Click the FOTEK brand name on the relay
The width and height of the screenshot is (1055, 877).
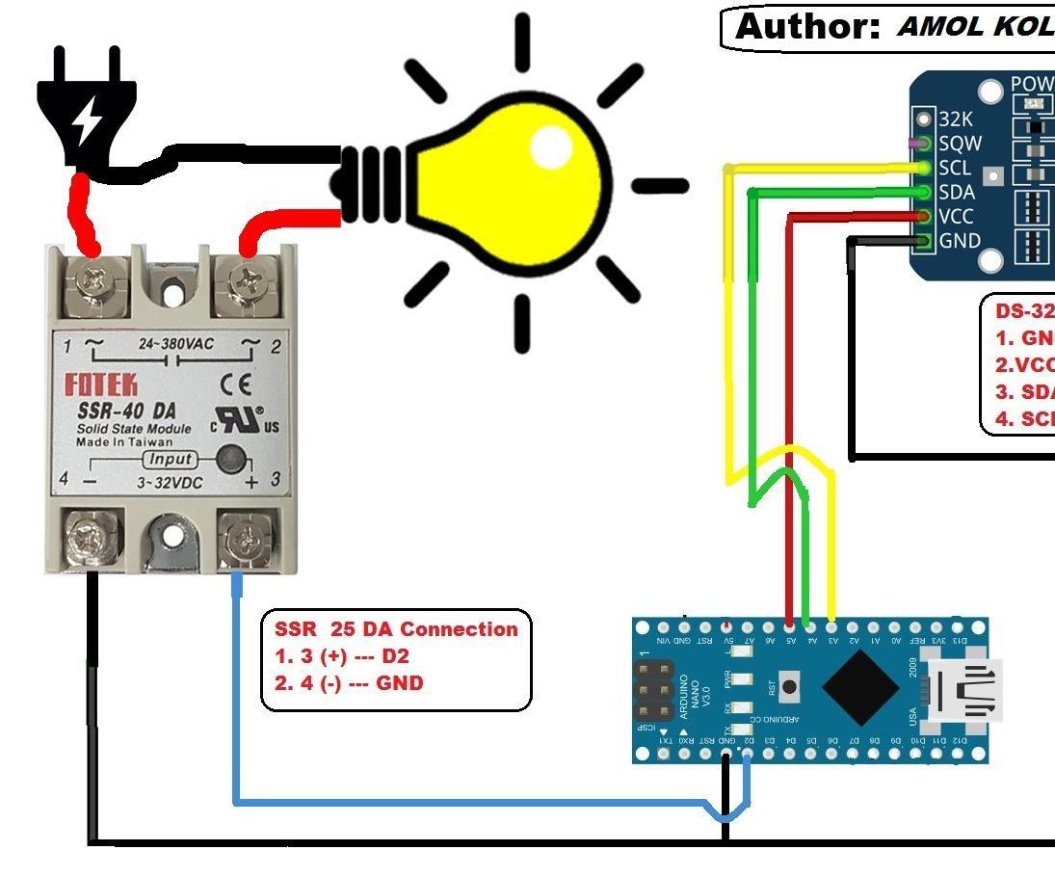tap(100, 385)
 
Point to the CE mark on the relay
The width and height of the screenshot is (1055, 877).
tap(235, 385)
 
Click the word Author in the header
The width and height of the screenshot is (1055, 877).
tap(807, 27)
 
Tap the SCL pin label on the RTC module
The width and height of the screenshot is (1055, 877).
tap(955, 168)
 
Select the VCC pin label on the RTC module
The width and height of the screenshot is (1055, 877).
tap(958, 216)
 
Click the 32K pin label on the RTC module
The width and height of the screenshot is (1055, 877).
tap(957, 120)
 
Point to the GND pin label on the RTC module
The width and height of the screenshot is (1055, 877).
tap(960, 241)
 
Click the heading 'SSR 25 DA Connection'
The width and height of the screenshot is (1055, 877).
tap(396, 629)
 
